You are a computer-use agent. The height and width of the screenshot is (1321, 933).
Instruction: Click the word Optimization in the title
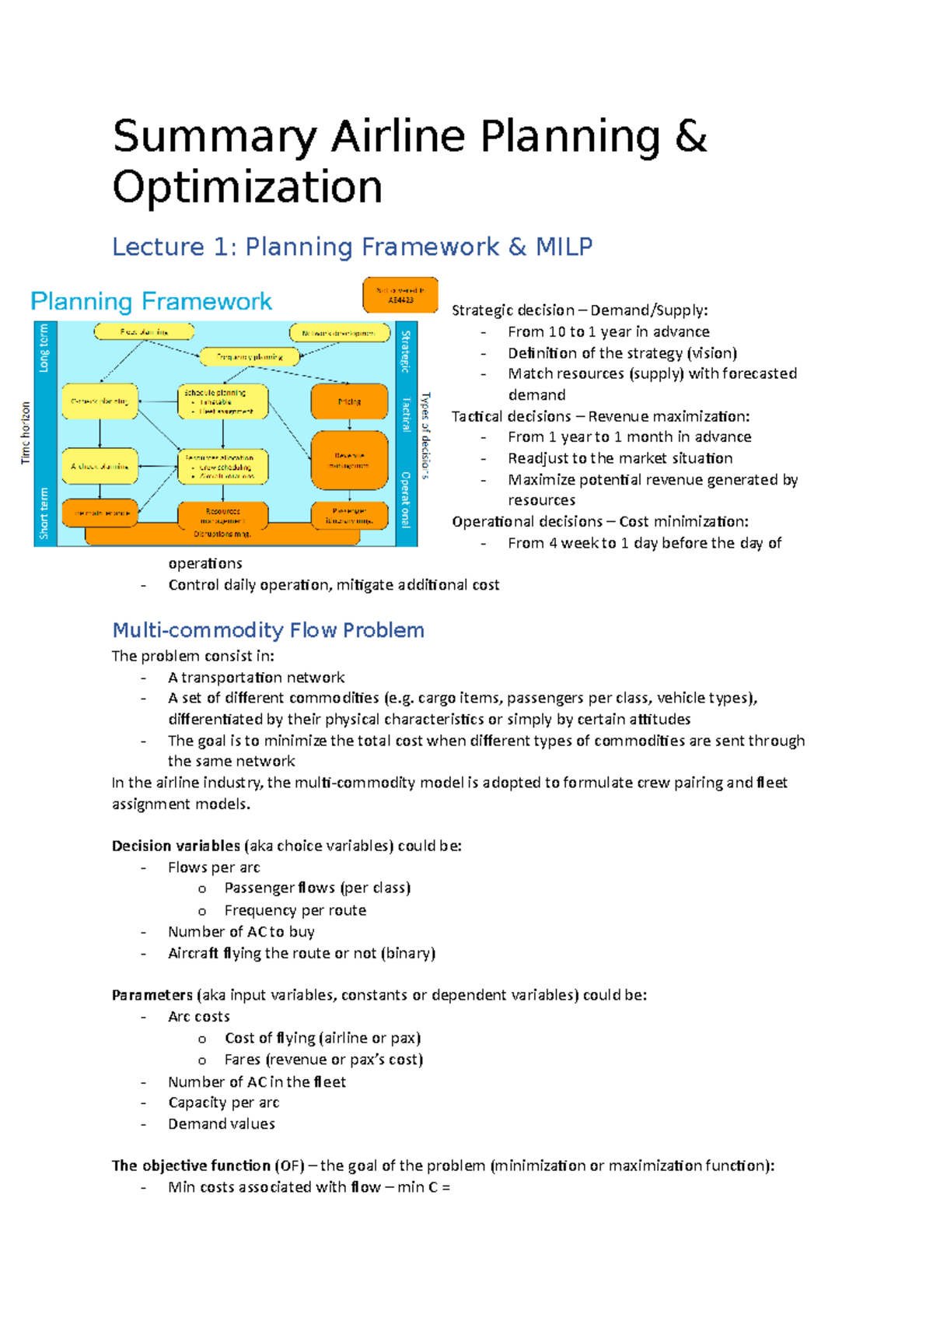coord(247,187)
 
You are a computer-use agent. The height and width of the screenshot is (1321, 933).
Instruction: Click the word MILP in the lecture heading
coord(564,247)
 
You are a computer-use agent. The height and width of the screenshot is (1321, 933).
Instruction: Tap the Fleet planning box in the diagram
coord(144,331)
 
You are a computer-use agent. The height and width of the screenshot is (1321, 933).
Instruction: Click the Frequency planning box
coord(250,357)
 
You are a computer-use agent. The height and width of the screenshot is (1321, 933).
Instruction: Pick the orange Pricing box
coord(349,401)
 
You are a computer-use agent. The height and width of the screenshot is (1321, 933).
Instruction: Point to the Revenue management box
coord(349,460)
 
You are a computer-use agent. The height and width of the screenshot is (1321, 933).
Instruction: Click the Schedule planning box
coord(223,401)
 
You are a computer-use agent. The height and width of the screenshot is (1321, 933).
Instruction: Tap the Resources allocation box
coord(223,467)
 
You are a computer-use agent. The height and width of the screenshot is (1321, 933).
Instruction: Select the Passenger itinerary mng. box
coord(349,516)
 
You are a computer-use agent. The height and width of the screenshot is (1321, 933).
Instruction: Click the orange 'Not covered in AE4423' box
coord(400,295)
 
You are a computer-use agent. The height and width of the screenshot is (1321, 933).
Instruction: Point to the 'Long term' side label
coord(44,348)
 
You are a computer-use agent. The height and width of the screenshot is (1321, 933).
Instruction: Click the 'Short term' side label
coord(44,513)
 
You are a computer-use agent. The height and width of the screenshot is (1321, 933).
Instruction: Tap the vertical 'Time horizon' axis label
coord(26,433)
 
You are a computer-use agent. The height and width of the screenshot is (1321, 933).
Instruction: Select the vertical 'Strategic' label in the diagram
coord(405,351)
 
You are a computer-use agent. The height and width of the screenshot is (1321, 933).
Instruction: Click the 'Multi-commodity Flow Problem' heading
coord(268,630)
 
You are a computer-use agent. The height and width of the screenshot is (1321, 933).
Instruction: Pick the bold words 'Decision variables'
coord(176,846)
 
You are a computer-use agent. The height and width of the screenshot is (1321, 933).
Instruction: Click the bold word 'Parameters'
coord(152,995)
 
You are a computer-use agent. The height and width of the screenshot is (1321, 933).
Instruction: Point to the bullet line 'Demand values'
coord(222,1123)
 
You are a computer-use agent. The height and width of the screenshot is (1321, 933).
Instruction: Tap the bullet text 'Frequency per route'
coord(295,910)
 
